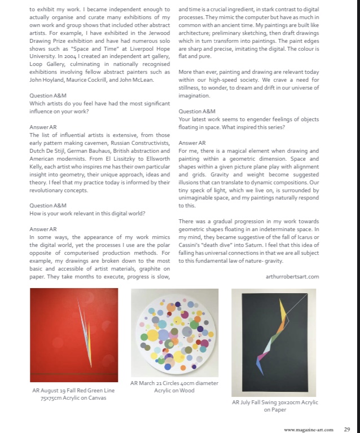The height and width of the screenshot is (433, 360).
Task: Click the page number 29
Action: (347, 429)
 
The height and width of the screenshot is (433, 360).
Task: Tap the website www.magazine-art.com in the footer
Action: (309, 429)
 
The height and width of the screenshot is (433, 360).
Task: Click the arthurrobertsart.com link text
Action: (292, 277)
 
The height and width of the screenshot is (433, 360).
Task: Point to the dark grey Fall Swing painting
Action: (275, 342)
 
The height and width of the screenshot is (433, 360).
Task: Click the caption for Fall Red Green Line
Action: (74, 394)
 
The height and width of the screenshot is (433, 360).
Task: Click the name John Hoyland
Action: (47, 80)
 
